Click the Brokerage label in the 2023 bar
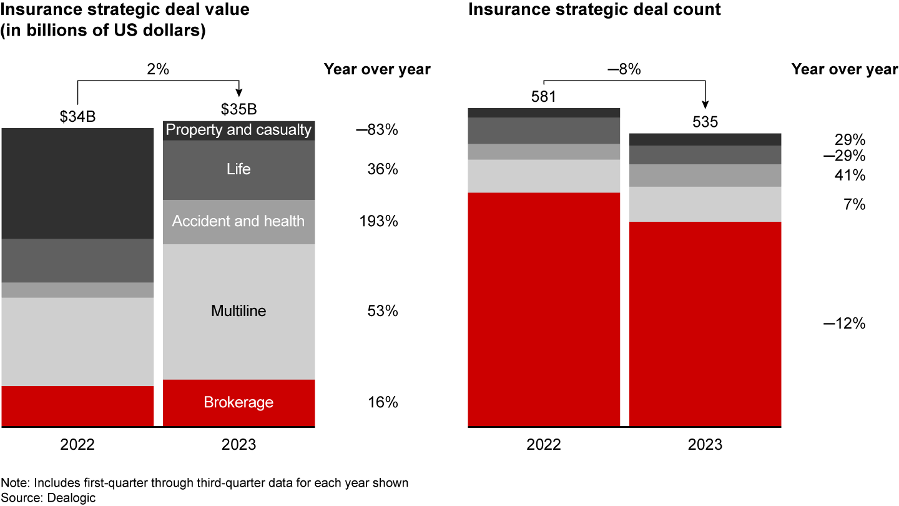pyautogui.click(x=238, y=402)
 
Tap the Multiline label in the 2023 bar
pyautogui.click(x=238, y=311)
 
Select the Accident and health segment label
pyautogui.click(x=238, y=221)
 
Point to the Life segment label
pyautogui.click(x=238, y=169)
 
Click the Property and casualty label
pyautogui.click(x=238, y=130)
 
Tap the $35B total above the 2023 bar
pyautogui.click(x=238, y=109)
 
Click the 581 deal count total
pyautogui.click(x=543, y=96)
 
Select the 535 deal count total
pyautogui.click(x=705, y=122)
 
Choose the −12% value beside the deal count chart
pyautogui.click(x=844, y=324)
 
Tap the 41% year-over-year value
pyautogui.click(x=850, y=176)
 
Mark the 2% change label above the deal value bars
pyautogui.click(x=158, y=70)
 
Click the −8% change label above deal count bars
pyautogui.click(x=624, y=70)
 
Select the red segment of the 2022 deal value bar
pyautogui.click(x=77, y=406)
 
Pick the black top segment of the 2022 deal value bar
pyautogui.click(x=77, y=183)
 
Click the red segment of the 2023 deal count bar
pyautogui.click(x=705, y=324)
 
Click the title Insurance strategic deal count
pyautogui.click(x=594, y=10)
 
